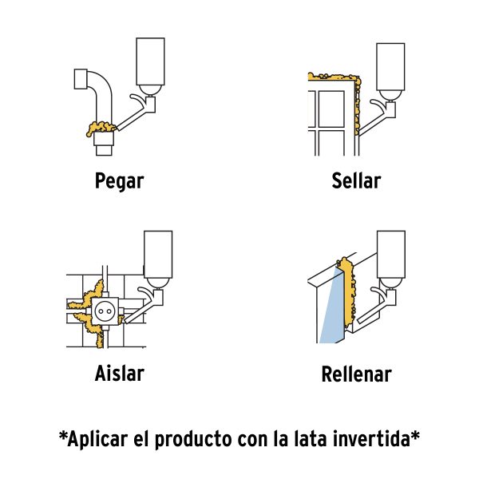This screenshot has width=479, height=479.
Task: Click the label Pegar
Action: coord(119,180)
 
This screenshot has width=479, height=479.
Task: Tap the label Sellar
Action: coord(356,180)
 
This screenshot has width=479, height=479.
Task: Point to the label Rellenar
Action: coord(356,374)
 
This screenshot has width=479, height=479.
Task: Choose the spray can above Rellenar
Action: coord(392,255)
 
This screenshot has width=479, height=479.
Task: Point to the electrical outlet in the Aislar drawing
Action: coord(104,311)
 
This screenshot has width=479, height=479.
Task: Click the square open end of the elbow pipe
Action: coord(80,80)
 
